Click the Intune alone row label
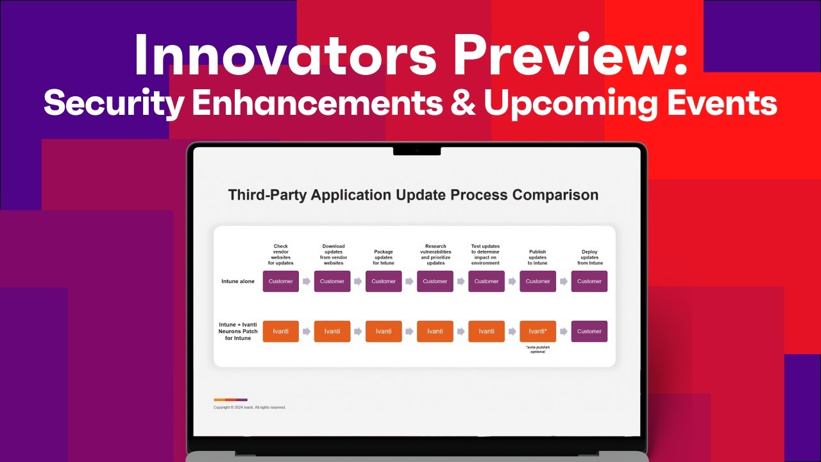(238, 282)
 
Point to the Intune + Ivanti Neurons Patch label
(238, 331)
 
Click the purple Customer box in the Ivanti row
(589, 331)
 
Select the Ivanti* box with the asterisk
(537, 331)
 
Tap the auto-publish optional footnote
(537, 349)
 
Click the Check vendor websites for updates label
(281, 254)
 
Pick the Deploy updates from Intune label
(589, 257)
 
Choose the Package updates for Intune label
(384, 257)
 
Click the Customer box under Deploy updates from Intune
(589, 281)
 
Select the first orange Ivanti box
(281, 331)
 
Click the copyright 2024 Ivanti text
(250, 407)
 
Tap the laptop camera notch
(417, 150)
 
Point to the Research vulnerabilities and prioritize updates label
(435, 254)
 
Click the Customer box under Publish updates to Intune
(537, 281)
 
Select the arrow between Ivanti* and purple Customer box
(564, 332)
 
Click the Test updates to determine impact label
(486, 254)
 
